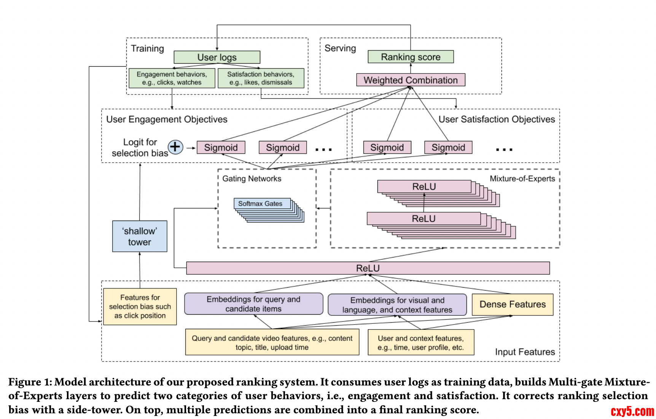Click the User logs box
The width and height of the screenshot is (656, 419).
[217, 57]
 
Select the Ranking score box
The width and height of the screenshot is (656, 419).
[411, 57]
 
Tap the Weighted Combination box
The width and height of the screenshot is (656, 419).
[411, 80]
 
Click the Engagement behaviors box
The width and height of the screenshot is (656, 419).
[172, 78]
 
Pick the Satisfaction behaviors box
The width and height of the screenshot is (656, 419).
[261, 78]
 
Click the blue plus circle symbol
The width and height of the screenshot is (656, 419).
[175, 147]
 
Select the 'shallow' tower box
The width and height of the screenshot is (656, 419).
[140, 236]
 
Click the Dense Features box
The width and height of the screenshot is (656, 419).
[512, 304]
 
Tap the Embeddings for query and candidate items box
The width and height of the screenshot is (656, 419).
[253, 304]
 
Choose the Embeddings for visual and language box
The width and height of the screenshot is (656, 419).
[397, 305]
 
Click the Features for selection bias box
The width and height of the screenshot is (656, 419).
[140, 307]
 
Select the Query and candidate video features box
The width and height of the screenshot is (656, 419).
[272, 342]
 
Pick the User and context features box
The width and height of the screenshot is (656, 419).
[421, 342]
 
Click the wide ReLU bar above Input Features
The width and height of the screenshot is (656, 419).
[368, 268]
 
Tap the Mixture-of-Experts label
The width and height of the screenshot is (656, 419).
[522, 179]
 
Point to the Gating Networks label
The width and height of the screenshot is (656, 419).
[252, 179]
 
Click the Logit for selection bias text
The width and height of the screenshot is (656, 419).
[140, 147]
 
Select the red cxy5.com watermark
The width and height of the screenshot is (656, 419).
[632, 411]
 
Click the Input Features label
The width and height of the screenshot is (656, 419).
[525, 352]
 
